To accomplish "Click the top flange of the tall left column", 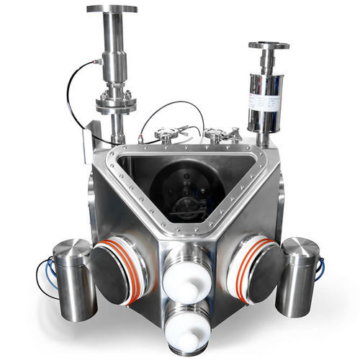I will pyautogui.click(x=112, y=9).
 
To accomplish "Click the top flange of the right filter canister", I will pyautogui.click(x=269, y=45).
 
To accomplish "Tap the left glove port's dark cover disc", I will pyautogui.click(x=109, y=269).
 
